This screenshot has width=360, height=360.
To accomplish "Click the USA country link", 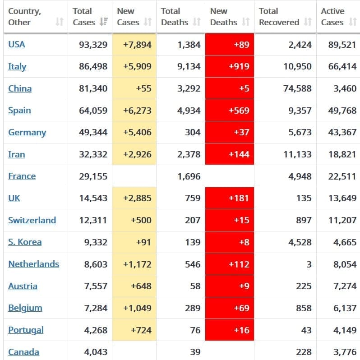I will click(x=16, y=44).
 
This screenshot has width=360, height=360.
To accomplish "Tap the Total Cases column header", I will click(x=83, y=17).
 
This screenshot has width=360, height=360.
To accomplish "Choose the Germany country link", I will click(x=27, y=132).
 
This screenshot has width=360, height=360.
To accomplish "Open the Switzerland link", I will click(x=32, y=220).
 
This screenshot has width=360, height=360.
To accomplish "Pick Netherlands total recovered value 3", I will click(x=309, y=264).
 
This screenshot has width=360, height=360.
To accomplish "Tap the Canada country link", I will click(x=23, y=352).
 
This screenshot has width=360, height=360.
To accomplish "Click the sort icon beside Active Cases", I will click(x=353, y=22).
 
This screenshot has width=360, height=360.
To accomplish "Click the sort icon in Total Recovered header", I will click(x=308, y=22).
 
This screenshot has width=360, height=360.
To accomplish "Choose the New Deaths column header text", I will click(x=224, y=17).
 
